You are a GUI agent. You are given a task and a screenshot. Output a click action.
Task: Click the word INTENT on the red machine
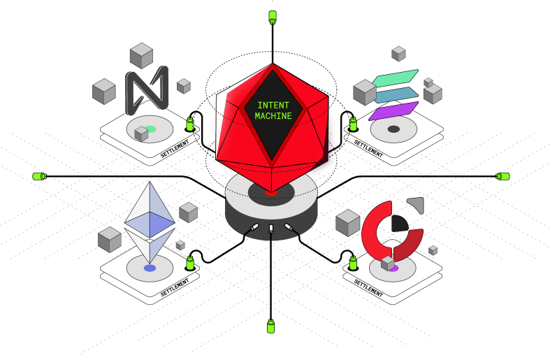pyautogui.click(x=273, y=106)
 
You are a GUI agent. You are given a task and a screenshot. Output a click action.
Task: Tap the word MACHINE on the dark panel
pyautogui.click(x=273, y=116)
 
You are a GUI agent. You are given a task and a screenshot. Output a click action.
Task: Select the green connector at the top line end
pyautogui.click(x=273, y=15)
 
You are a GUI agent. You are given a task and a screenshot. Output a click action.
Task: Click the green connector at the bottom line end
pyautogui.click(x=271, y=326)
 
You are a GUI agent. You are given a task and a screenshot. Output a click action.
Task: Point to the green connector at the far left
pyautogui.click(x=39, y=175)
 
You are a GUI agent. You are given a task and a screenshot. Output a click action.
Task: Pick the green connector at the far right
pyautogui.click(x=502, y=175)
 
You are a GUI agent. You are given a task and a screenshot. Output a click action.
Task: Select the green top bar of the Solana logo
pyautogui.click(x=395, y=77)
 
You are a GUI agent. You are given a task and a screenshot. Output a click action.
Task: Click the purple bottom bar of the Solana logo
pyautogui.click(x=392, y=110)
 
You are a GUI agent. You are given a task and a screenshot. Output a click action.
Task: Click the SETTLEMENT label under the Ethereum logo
pyautogui.click(x=175, y=288)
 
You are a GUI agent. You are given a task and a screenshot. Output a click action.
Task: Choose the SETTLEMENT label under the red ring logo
pyautogui.click(x=368, y=287)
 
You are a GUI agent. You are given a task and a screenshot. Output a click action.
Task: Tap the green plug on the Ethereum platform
pyautogui.click(x=189, y=263)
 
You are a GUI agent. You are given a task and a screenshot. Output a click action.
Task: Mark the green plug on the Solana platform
pyautogui.click(x=354, y=124)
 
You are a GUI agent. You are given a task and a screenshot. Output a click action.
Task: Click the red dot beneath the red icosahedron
pyautogui.click(x=273, y=192)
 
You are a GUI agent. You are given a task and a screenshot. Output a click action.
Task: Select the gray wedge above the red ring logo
pyautogui.click(x=417, y=204)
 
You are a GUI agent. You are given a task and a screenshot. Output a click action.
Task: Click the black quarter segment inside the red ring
pyautogui.click(x=399, y=223)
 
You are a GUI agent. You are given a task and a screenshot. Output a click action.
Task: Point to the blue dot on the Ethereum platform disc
pyautogui.click(x=150, y=268)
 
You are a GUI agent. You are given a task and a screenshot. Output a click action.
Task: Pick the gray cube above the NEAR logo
pyautogui.click(x=142, y=55)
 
